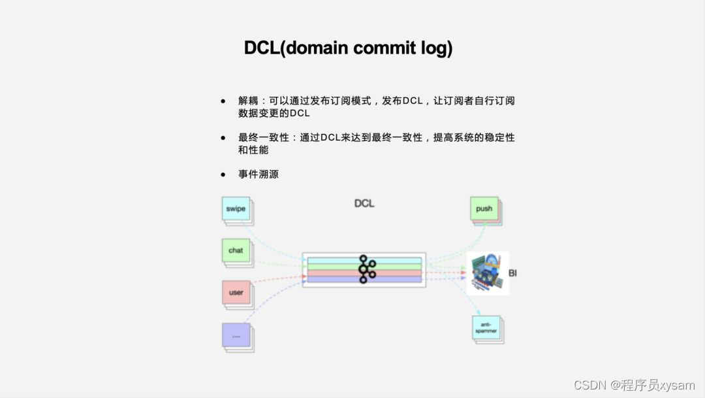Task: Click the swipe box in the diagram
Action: (236, 209)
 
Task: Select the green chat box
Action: (236, 250)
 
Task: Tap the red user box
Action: (236, 292)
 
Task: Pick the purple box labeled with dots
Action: (236, 336)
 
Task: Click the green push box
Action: (484, 209)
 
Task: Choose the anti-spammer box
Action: (486, 328)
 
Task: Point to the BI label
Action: (512, 273)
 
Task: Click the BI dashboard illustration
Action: (488, 273)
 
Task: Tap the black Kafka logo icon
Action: (366, 269)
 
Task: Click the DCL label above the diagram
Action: (364, 203)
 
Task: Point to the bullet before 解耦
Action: (223, 101)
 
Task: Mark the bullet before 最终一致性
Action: (223, 138)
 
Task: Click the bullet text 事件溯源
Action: (258, 174)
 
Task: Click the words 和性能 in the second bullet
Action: (253, 150)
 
